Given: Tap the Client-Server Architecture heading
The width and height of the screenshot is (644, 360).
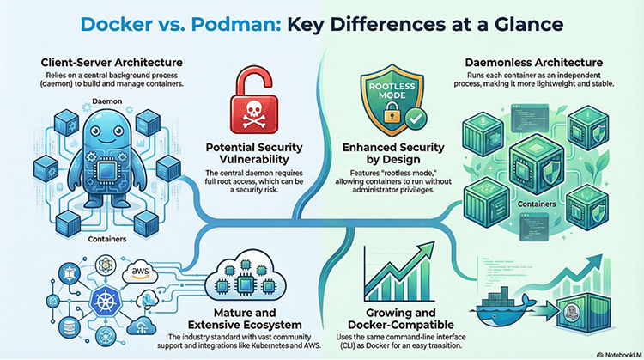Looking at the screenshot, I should tap(112, 62).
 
